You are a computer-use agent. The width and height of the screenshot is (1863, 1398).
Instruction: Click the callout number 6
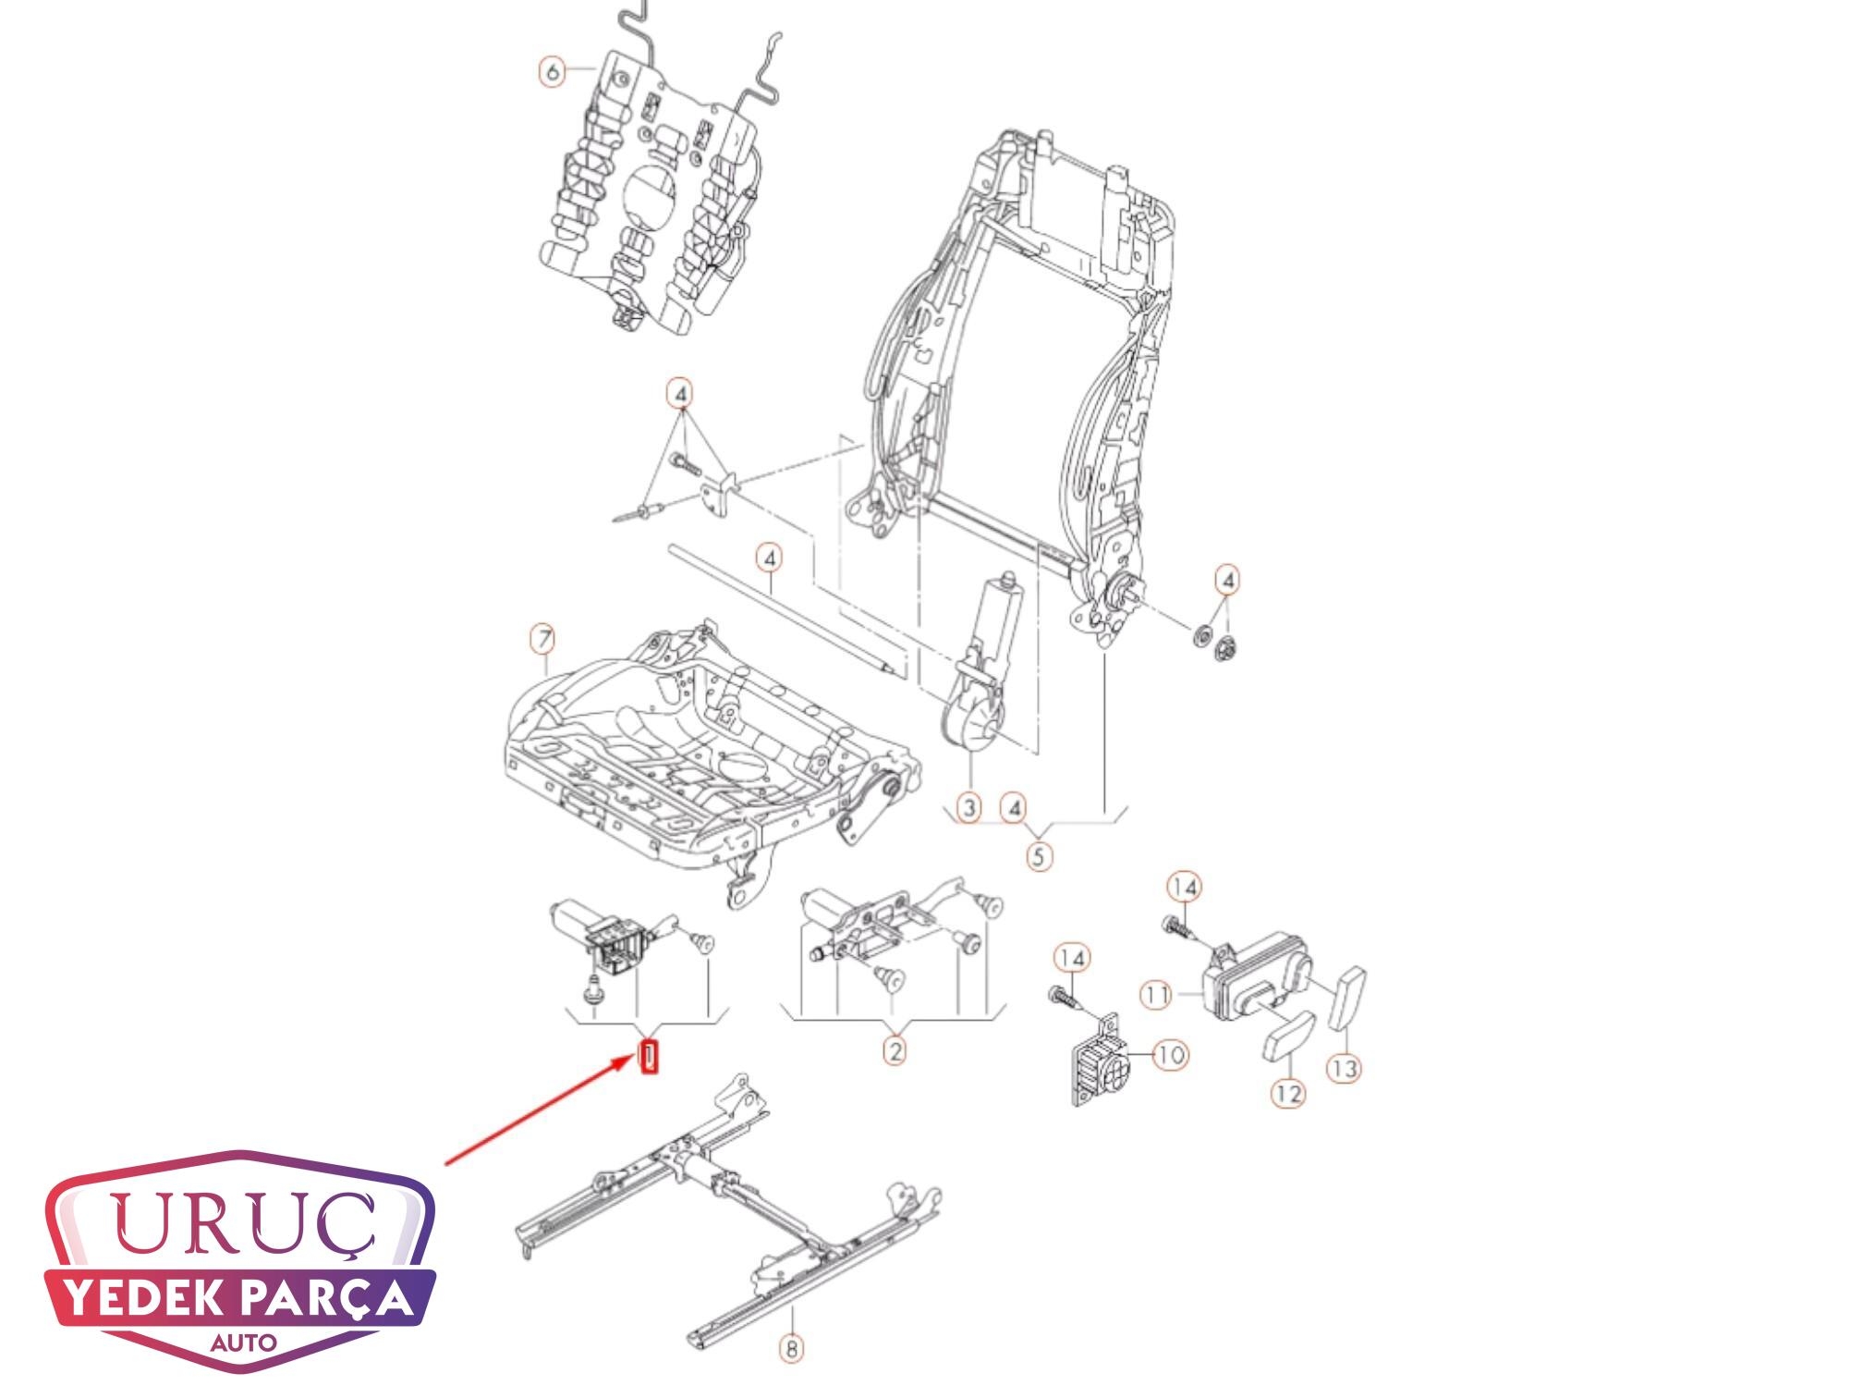click(553, 71)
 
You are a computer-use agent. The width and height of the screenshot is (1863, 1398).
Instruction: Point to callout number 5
click(1040, 856)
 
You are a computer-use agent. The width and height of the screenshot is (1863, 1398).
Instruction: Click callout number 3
click(968, 808)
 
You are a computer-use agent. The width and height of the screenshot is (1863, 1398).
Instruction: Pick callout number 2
click(895, 1050)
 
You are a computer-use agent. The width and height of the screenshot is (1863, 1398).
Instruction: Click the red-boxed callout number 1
click(650, 1056)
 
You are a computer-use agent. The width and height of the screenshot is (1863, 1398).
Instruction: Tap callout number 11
click(1156, 996)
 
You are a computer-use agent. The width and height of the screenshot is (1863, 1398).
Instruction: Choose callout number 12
click(1289, 1093)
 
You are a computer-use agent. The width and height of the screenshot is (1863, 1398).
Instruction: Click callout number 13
click(1345, 1069)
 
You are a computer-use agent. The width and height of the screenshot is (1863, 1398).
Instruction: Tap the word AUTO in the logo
click(243, 1342)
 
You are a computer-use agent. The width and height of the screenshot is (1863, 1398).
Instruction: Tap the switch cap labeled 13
click(1347, 998)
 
